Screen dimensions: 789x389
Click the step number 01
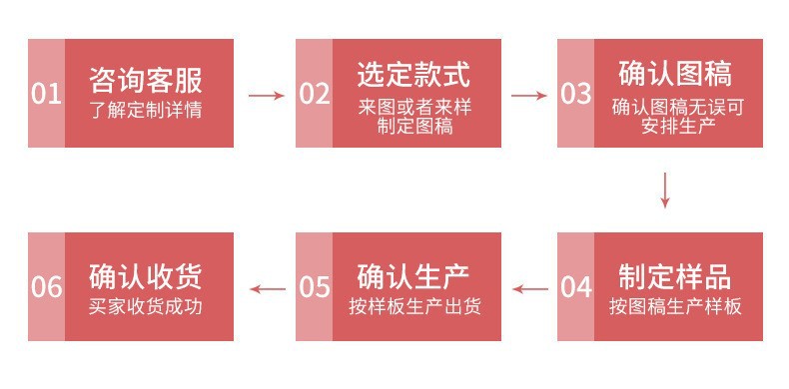[x=46, y=94]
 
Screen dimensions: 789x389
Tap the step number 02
[x=315, y=94]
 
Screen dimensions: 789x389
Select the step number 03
[x=576, y=94]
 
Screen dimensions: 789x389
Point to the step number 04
[x=576, y=287]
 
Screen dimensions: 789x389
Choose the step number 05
[x=315, y=287]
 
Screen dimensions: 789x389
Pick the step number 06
[x=46, y=287]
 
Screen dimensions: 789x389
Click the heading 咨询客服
[x=146, y=80]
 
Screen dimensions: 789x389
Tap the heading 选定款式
[x=413, y=75]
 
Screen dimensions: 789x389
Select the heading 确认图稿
[x=675, y=74]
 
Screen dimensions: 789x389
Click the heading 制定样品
[x=675, y=276]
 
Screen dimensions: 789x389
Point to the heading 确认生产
[x=413, y=276]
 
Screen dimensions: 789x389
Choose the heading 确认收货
[x=146, y=276]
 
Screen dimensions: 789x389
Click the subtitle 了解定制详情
[x=146, y=110]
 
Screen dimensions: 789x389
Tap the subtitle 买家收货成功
[x=146, y=306]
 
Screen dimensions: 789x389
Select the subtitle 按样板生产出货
[x=414, y=306]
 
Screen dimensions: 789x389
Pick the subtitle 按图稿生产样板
[x=675, y=306]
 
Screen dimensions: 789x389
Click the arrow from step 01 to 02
[x=267, y=96]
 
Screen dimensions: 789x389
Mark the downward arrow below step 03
[x=665, y=191]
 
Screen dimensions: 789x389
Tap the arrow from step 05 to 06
[x=268, y=289]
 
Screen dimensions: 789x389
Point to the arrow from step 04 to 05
[x=530, y=289]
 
